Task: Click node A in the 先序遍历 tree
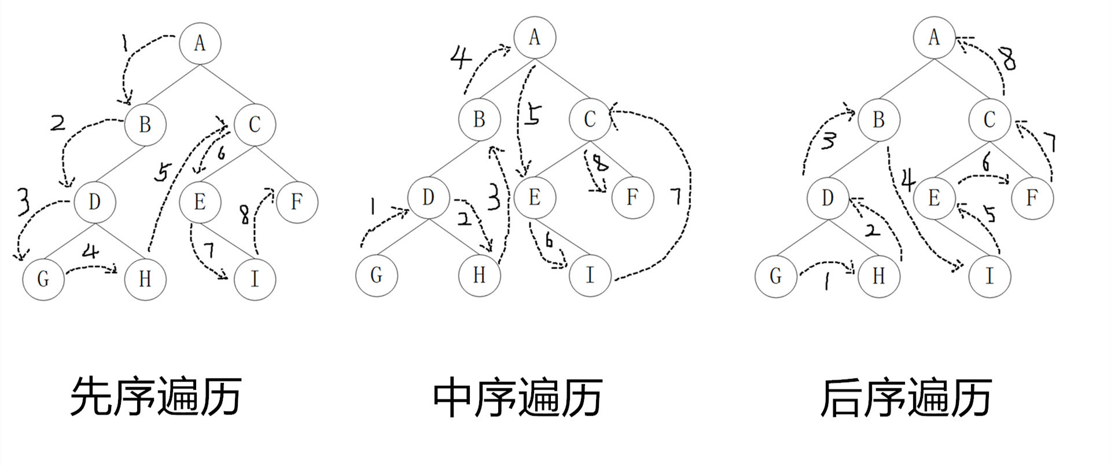click(200, 43)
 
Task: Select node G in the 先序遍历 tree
click(43, 279)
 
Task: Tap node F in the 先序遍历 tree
click(297, 202)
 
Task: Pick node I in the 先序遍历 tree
click(255, 279)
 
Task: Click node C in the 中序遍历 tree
click(590, 120)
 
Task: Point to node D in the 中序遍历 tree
click(428, 197)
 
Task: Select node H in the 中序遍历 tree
click(479, 275)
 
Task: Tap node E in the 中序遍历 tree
click(535, 197)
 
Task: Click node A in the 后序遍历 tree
click(934, 38)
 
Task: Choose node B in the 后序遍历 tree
click(879, 120)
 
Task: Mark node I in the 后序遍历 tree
click(989, 276)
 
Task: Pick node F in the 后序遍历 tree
click(1032, 198)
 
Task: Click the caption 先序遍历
click(156, 397)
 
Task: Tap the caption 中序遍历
click(518, 398)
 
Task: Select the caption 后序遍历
click(906, 398)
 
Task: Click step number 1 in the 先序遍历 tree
click(124, 43)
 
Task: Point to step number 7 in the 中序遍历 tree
click(676, 197)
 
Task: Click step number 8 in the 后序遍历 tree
click(1009, 58)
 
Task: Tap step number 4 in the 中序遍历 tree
click(461, 57)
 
